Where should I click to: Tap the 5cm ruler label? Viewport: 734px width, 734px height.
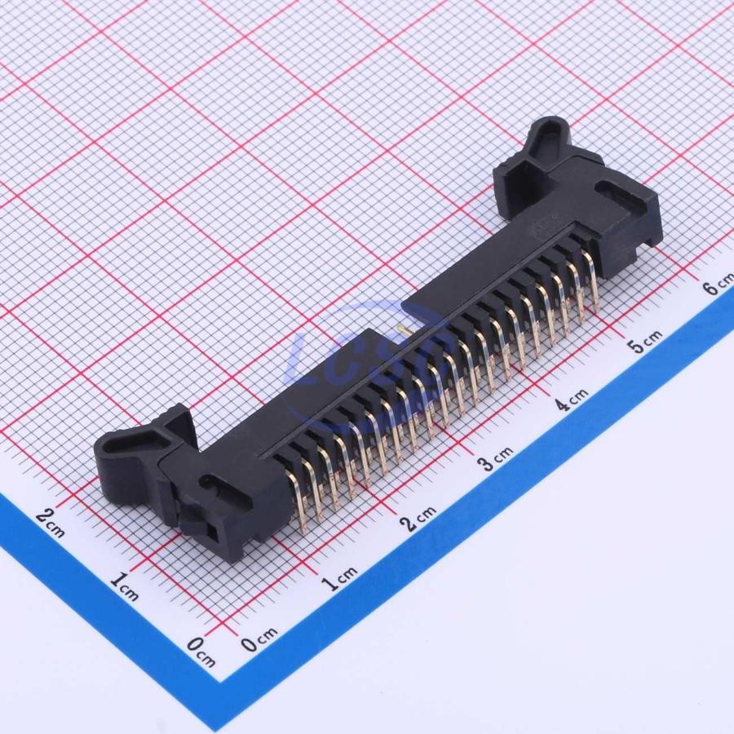pos(645,341)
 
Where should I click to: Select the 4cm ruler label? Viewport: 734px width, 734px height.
pos(571,398)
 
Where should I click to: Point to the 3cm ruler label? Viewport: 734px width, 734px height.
pos(494,458)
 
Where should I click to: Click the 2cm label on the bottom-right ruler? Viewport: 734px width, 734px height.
pos(420,517)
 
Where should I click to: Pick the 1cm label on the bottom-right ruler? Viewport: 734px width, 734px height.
pos(340,577)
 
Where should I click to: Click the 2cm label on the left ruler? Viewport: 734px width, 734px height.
pos(50,523)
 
